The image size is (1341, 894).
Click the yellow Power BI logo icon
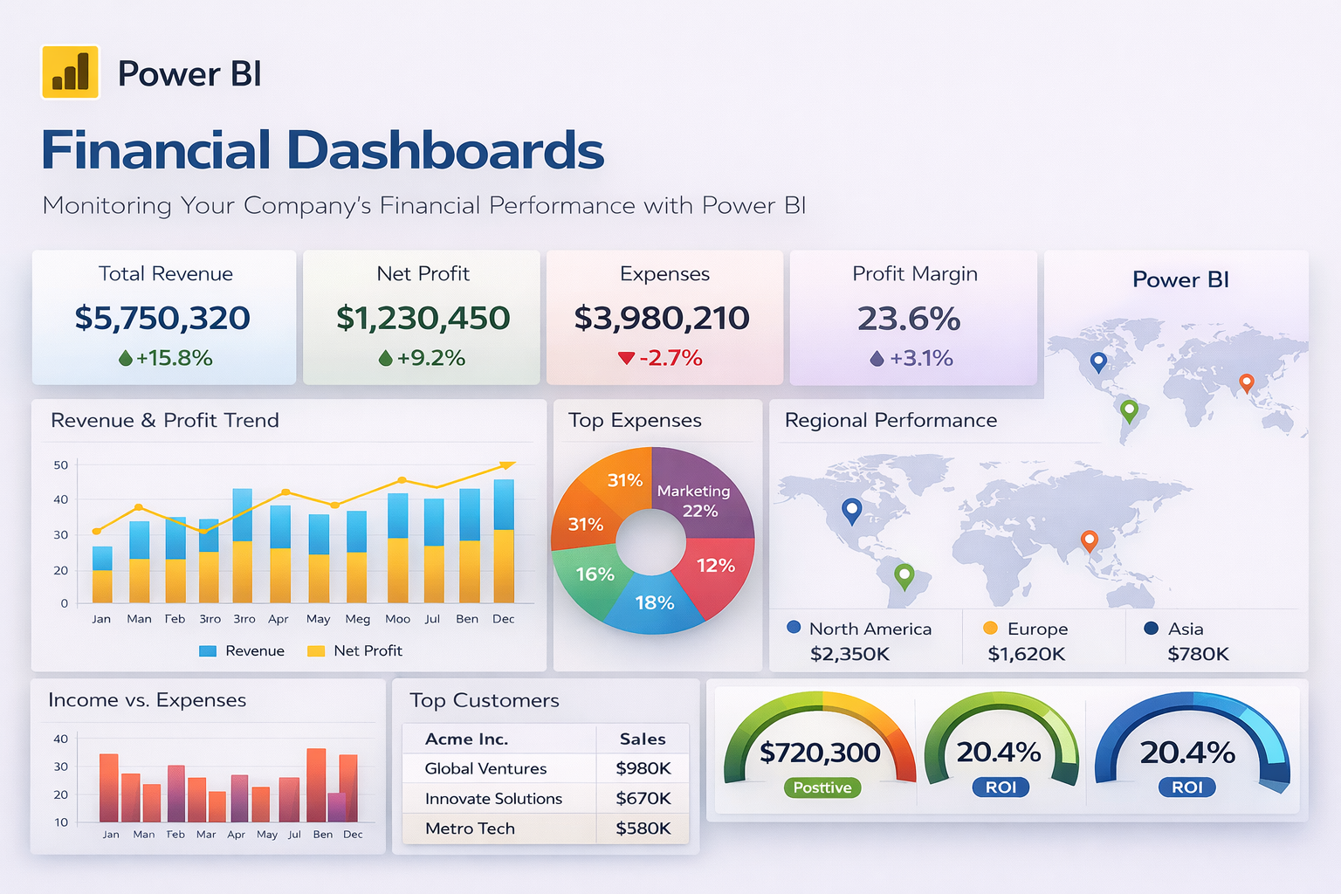pos(70,72)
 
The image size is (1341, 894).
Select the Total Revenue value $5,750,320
pos(162,318)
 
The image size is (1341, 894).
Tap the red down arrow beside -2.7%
pos(625,358)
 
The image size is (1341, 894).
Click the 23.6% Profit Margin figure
pos(909,319)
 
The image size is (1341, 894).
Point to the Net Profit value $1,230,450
pos(423,318)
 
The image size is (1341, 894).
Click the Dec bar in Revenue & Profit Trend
pos(504,541)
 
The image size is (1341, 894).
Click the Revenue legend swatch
pos(208,651)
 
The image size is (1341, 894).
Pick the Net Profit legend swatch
pos(316,651)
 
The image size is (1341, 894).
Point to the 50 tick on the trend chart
pos(61,465)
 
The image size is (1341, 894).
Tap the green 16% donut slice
pos(591,577)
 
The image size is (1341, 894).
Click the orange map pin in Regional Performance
pos(1089,540)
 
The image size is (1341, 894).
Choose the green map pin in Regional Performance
pos(904,575)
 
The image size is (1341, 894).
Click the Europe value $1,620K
pos(1026,654)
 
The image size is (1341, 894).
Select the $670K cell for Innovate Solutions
pos(643,799)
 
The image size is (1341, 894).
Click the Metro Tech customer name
pos(470,829)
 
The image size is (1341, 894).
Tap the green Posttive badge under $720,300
pos(822,787)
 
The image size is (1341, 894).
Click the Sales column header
pos(643,739)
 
